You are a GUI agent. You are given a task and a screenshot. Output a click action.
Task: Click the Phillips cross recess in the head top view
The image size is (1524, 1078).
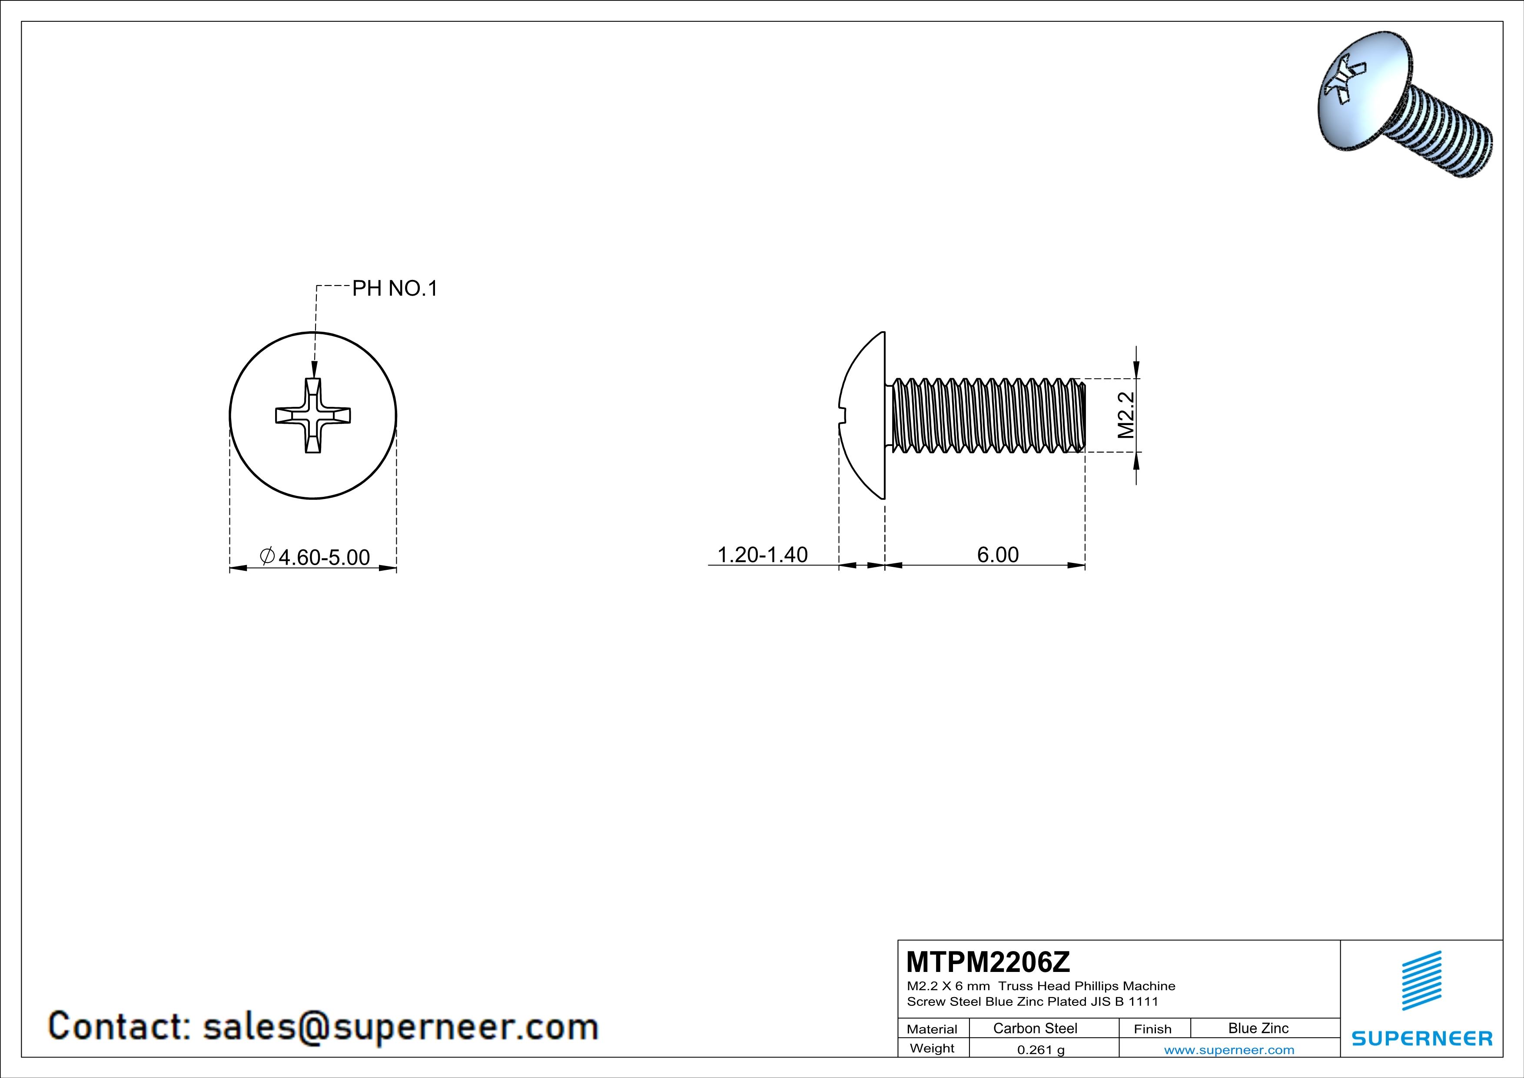tap(312, 416)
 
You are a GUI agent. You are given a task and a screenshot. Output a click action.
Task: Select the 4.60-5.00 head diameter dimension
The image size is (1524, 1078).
tap(323, 557)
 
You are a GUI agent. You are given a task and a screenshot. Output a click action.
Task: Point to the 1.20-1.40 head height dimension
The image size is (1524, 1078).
tap(762, 554)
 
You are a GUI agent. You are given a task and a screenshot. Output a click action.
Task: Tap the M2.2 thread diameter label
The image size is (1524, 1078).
tap(1126, 415)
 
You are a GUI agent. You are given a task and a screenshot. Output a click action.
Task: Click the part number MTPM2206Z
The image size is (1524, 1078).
tap(988, 961)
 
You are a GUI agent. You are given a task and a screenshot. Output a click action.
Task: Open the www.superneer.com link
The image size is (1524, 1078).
tap(1228, 1049)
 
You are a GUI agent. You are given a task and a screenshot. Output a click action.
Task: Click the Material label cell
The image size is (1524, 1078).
tap(932, 1029)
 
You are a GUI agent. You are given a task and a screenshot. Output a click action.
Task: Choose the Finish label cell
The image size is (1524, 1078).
tap(1152, 1029)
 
